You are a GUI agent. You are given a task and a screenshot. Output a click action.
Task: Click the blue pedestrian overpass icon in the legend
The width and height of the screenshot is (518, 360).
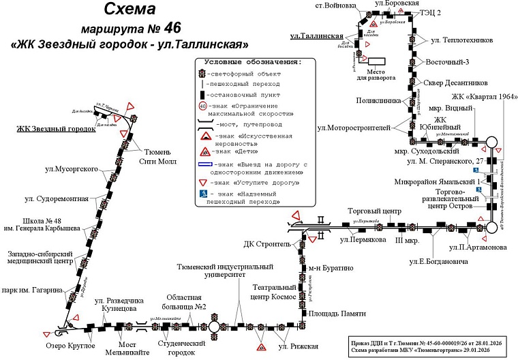(202, 196)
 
